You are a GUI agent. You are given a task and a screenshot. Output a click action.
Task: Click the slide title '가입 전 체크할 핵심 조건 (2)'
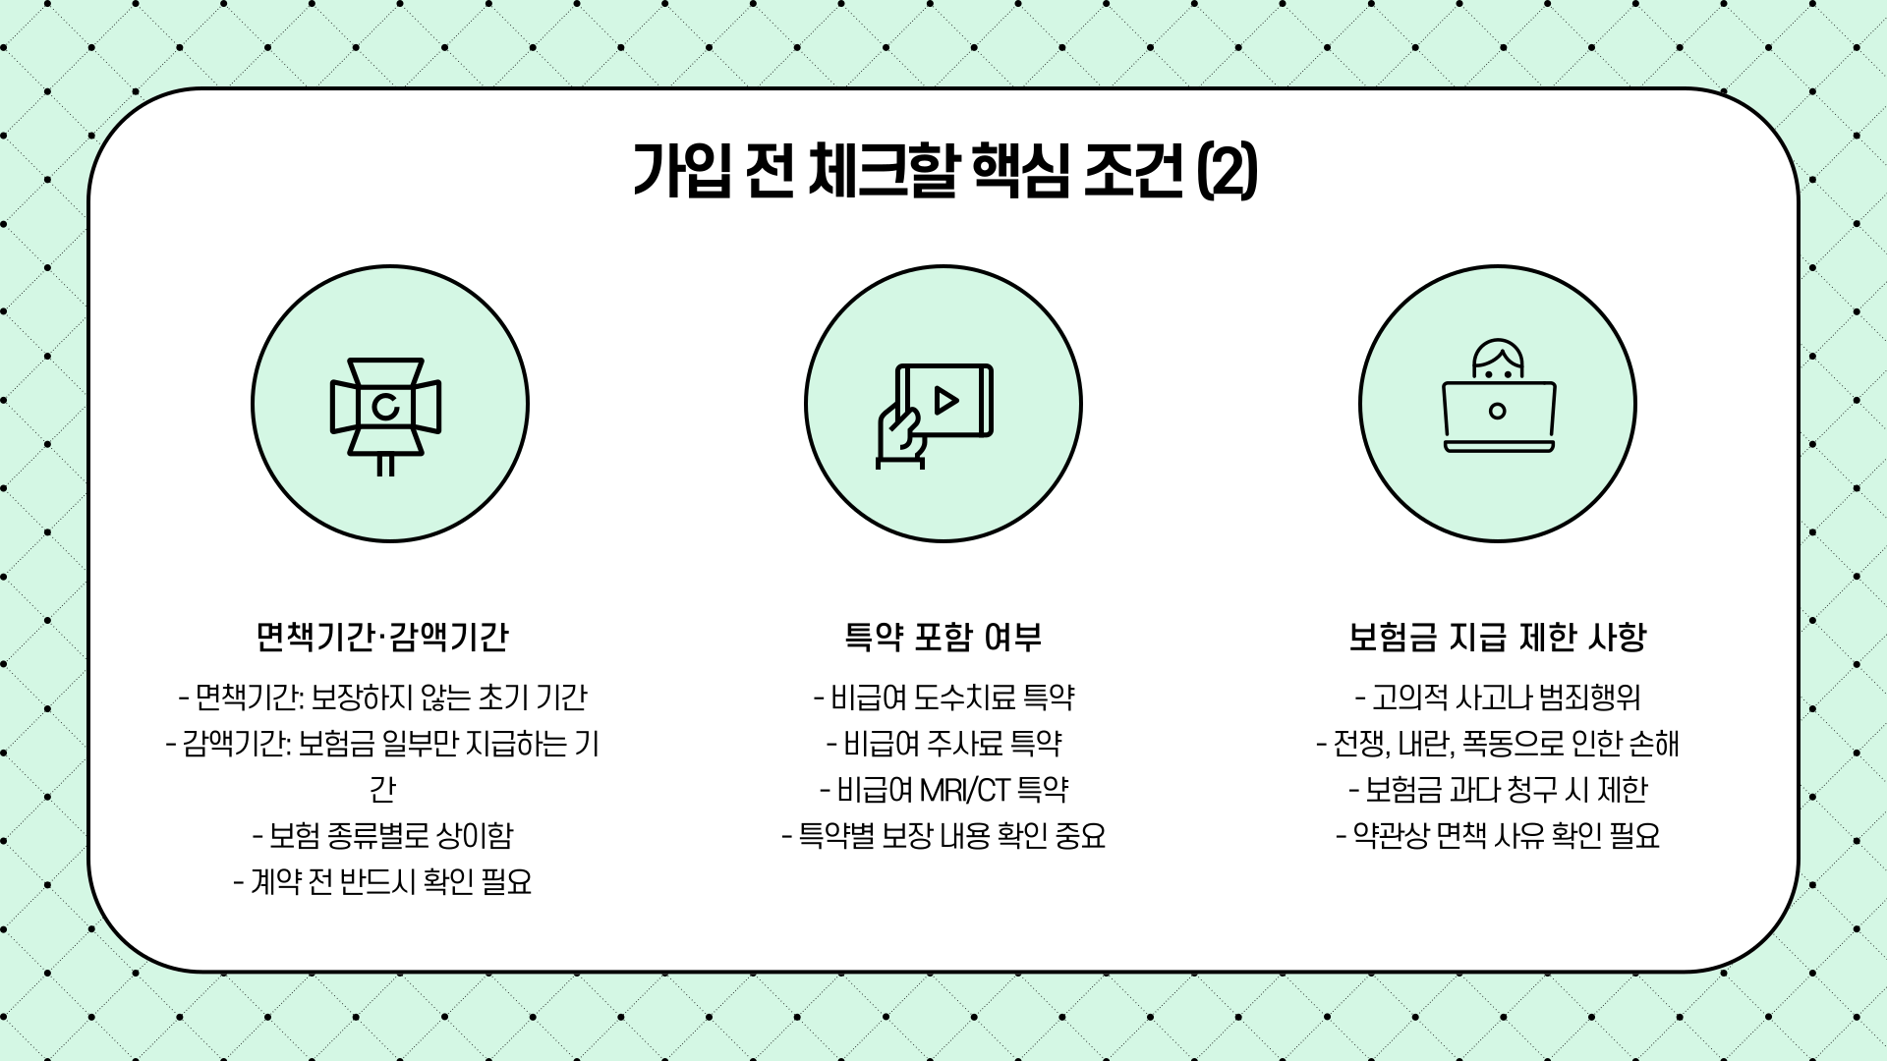pyautogui.click(x=943, y=172)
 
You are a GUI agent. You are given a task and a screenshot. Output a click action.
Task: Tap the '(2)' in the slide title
pyautogui.click(x=1228, y=172)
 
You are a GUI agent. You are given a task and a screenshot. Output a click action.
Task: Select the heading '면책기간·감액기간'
pyautogui.click(x=382, y=638)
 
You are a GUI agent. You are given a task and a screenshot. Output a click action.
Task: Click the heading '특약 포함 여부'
pyautogui.click(x=943, y=638)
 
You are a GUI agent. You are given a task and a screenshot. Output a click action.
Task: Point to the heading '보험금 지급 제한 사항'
pyautogui.click(x=1497, y=638)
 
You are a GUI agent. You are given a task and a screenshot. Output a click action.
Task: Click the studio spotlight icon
pyautogui.click(x=385, y=413)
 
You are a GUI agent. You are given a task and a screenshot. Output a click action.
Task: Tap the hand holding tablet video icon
pyautogui.click(x=935, y=413)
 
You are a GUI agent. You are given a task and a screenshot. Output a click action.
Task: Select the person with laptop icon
pyautogui.click(x=1498, y=398)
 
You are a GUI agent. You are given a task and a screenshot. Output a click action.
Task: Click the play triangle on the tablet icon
pyautogui.click(x=946, y=400)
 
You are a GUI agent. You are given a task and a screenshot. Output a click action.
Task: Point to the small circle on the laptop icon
pyautogui.click(x=1498, y=411)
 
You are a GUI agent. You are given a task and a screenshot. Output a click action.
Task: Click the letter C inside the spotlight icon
pyautogui.click(x=385, y=406)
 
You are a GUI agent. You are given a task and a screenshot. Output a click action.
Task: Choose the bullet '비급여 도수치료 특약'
pyautogui.click(x=944, y=698)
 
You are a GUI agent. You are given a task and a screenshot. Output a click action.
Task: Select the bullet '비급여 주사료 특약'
pyautogui.click(x=944, y=744)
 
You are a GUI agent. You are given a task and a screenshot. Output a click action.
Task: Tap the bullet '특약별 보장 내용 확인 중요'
pyautogui.click(x=944, y=836)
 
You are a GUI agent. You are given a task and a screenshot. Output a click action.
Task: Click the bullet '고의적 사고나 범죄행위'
pyautogui.click(x=1498, y=698)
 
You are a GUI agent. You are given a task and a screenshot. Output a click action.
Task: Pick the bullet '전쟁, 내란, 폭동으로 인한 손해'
pyautogui.click(x=1498, y=744)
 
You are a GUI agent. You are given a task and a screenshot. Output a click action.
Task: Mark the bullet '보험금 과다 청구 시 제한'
pyautogui.click(x=1498, y=790)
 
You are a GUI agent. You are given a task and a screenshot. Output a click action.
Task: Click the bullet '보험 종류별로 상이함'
pyautogui.click(x=382, y=836)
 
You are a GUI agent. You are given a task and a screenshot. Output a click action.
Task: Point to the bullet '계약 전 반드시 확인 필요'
pyautogui.click(x=382, y=882)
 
